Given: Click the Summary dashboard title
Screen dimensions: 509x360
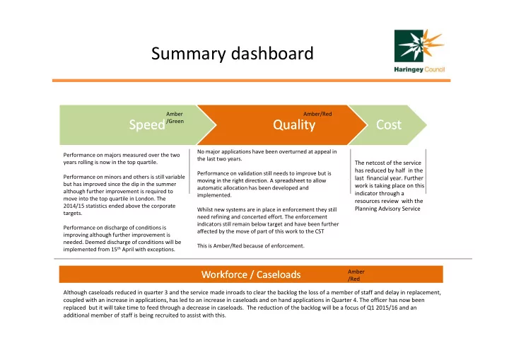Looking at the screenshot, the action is click(232, 54).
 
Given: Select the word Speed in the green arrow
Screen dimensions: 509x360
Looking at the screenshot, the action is click(147, 124).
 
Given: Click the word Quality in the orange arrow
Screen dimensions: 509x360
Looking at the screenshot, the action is click(294, 124).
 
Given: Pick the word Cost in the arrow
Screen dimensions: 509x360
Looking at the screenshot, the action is click(389, 124).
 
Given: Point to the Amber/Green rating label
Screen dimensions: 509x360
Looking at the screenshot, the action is click(175, 117).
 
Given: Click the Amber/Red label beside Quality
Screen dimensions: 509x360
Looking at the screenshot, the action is click(317, 114).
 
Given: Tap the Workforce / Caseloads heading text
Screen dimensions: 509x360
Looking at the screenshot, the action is click(251, 274).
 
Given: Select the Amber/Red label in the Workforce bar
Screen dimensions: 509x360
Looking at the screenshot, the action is click(356, 275).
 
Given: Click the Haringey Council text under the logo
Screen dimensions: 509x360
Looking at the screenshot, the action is click(419, 69).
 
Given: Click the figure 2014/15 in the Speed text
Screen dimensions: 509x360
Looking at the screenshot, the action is click(74, 206).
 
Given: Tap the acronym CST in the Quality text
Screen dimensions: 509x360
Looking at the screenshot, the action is click(320, 231).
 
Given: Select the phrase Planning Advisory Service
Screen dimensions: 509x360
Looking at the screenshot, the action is click(387, 209).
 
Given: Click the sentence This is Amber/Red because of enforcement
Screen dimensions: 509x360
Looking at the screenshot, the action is click(250, 246).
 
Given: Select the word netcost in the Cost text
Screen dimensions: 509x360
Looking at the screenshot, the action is click(376, 163).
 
